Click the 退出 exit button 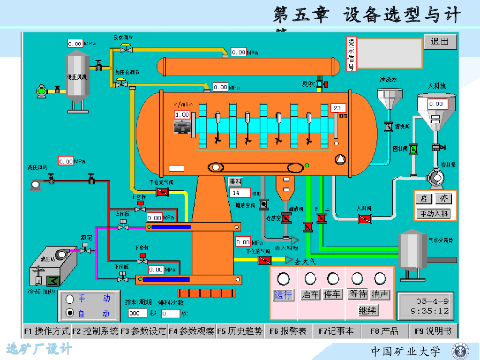point(440,41)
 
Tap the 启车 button point(310,295)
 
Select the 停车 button point(333,295)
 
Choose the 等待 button point(358,294)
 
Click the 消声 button point(380,294)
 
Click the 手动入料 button point(433,214)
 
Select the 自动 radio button point(70,313)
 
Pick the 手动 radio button point(70,299)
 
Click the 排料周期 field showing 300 point(138,313)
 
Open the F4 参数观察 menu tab point(192,331)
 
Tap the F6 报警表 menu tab point(288,331)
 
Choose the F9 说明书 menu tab point(433,331)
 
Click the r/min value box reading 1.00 point(182,115)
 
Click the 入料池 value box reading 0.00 point(435,104)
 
